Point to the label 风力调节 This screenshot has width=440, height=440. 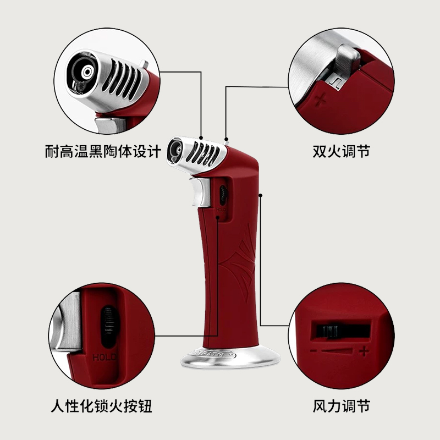point(341,407)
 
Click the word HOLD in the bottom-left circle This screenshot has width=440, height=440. point(105,357)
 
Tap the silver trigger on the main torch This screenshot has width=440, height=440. point(200,192)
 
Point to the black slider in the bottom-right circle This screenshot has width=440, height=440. point(329,333)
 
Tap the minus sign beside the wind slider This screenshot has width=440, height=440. point(313,350)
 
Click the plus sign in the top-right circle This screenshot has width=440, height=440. point(321,101)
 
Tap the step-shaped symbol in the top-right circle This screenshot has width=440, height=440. point(335,81)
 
